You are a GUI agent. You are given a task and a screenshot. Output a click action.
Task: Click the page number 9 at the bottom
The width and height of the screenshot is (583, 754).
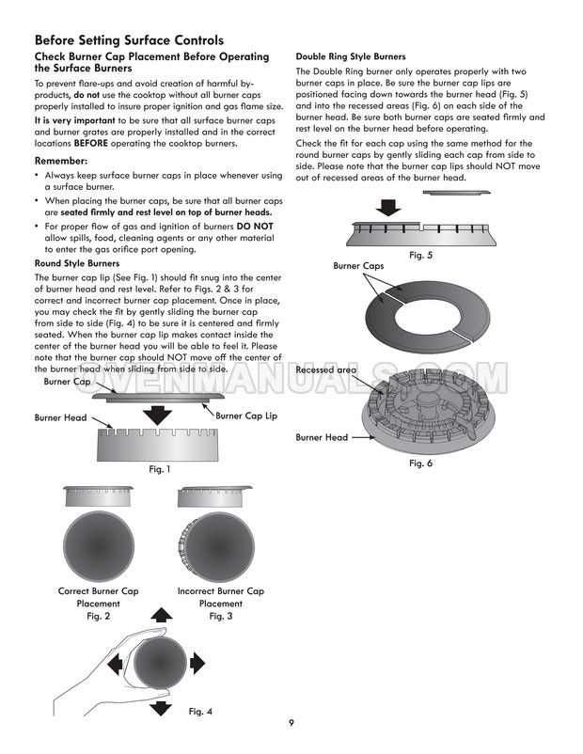291,722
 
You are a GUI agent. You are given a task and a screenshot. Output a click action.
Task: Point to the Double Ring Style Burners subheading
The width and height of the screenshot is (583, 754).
351,56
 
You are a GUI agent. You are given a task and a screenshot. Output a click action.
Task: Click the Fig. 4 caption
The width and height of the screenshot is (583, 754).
200,711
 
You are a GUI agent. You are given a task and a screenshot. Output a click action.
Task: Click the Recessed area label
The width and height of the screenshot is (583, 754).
325,370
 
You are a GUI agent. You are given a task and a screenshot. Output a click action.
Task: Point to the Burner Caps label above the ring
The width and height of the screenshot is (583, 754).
359,266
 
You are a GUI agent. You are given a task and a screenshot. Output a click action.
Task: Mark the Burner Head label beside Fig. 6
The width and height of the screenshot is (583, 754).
322,437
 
